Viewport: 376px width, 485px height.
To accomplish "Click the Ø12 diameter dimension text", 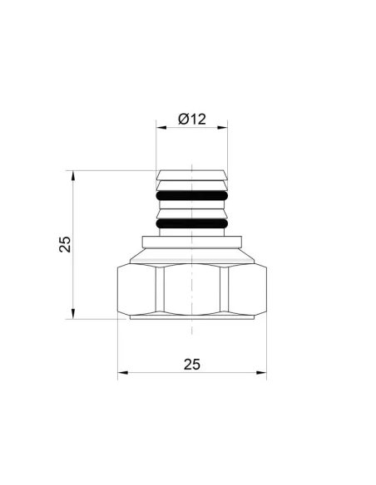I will [x=192, y=120].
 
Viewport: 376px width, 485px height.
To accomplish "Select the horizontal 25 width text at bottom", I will [x=192, y=364].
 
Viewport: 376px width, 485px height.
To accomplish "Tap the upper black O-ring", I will [x=192, y=196].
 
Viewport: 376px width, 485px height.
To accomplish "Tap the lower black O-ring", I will [x=192, y=222].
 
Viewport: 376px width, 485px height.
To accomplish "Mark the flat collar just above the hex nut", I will [x=192, y=242].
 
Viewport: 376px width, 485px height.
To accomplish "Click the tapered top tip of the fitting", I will [x=192, y=174].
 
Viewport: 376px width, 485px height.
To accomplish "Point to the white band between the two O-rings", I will [x=192, y=208].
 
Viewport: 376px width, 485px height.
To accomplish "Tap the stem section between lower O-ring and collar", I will [x=192, y=232].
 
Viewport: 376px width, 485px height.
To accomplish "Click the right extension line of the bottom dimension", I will [x=266, y=349].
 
